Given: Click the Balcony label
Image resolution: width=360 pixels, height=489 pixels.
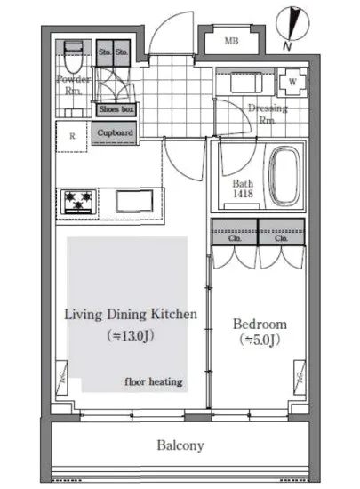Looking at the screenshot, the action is tap(180, 445).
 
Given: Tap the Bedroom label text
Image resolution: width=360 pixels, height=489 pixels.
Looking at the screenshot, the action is tap(260, 324).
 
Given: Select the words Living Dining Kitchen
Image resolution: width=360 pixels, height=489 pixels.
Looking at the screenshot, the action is tap(131, 315).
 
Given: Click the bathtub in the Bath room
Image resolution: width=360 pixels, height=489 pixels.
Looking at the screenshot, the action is tap(284, 177).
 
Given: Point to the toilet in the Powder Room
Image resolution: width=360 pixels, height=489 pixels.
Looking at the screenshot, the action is tap(73, 57).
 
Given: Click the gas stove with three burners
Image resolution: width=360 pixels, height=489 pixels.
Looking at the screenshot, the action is tap(77, 201).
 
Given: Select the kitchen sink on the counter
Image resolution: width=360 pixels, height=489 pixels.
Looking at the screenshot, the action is tap(134, 202).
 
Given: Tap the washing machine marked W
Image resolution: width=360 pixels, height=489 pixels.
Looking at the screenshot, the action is tap(292, 82).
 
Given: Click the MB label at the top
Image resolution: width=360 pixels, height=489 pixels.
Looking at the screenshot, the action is tap(231, 41).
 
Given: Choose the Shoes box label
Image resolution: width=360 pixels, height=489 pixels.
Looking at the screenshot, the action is tap(116, 109).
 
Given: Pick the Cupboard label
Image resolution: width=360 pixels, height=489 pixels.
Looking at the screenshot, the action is tap(115, 132).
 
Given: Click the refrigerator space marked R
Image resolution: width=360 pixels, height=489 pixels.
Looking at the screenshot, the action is tap(72, 136).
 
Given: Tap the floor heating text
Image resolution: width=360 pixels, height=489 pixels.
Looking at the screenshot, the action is tap(154, 381).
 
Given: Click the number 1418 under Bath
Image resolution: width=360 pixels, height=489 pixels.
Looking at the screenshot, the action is tap(243, 194).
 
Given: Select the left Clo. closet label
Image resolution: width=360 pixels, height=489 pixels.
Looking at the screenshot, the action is tap(235, 238).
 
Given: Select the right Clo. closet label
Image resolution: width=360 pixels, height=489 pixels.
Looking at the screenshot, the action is tap(281, 238).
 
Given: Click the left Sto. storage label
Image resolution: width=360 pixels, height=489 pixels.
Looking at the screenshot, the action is tap(105, 52).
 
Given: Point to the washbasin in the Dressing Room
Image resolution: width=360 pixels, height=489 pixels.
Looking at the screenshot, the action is tap(246, 83).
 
